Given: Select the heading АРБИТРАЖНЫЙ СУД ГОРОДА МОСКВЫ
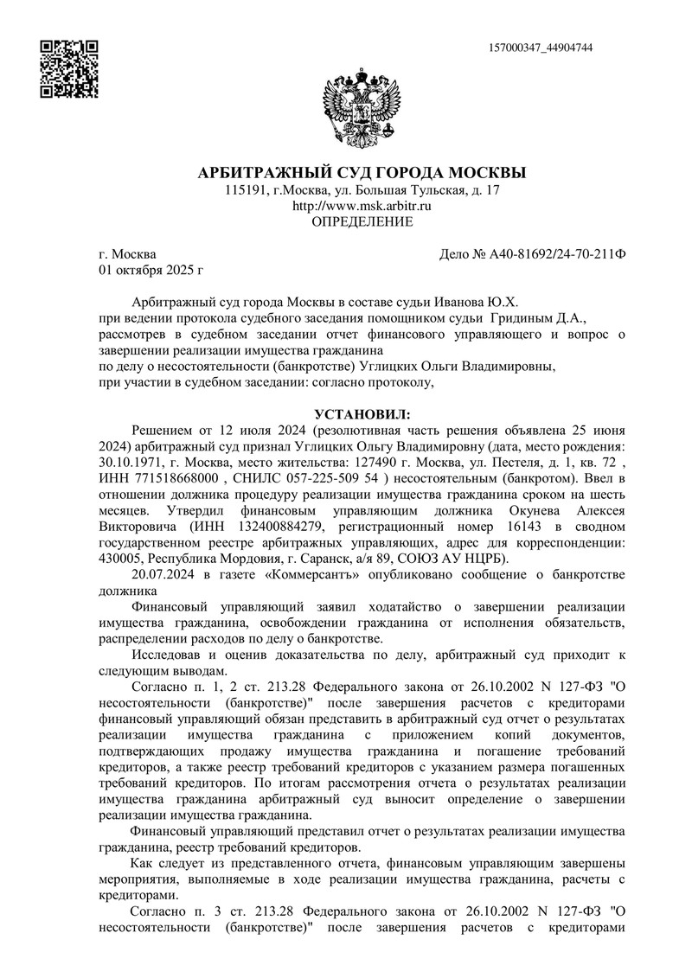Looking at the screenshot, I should click(362, 172).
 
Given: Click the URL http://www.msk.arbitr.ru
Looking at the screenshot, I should click(362, 206).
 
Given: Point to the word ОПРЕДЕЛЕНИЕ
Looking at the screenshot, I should click(362, 222).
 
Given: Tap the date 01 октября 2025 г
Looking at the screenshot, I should click(151, 271).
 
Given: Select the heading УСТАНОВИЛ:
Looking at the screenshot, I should click(362, 414).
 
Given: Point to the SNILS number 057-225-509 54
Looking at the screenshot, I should click(331, 478).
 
